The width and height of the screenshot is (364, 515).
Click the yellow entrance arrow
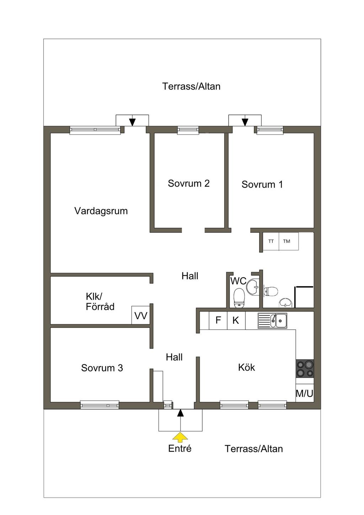tap(180, 437)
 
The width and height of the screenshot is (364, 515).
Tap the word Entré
tap(180, 449)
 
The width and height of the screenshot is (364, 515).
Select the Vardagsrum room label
tap(101, 211)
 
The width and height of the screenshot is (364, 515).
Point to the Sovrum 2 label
tap(188, 183)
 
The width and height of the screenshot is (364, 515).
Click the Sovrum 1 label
tap(262, 184)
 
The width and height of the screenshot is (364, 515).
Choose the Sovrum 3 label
tap(102, 368)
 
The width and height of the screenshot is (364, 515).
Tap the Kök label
tap(246, 367)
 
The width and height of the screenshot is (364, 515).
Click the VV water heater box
tap(141, 315)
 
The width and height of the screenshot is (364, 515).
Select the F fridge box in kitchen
tap(218, 320)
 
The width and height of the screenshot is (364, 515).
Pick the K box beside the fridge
tap(236, 320)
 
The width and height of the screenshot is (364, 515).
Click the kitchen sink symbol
tap(272, 321)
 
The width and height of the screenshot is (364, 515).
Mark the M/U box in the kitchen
tap(304, 393)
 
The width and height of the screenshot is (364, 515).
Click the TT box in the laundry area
tap(271, 241)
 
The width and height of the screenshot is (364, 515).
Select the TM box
tap(289, 241)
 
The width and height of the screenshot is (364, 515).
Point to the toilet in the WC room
tap(239, 298)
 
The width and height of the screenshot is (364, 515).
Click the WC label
tap(239, 281)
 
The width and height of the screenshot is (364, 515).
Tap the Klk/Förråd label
tap(100, 301)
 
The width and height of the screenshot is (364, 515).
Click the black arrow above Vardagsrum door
tap(132, 122)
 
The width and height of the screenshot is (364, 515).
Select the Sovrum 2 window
tap(188, 130)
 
